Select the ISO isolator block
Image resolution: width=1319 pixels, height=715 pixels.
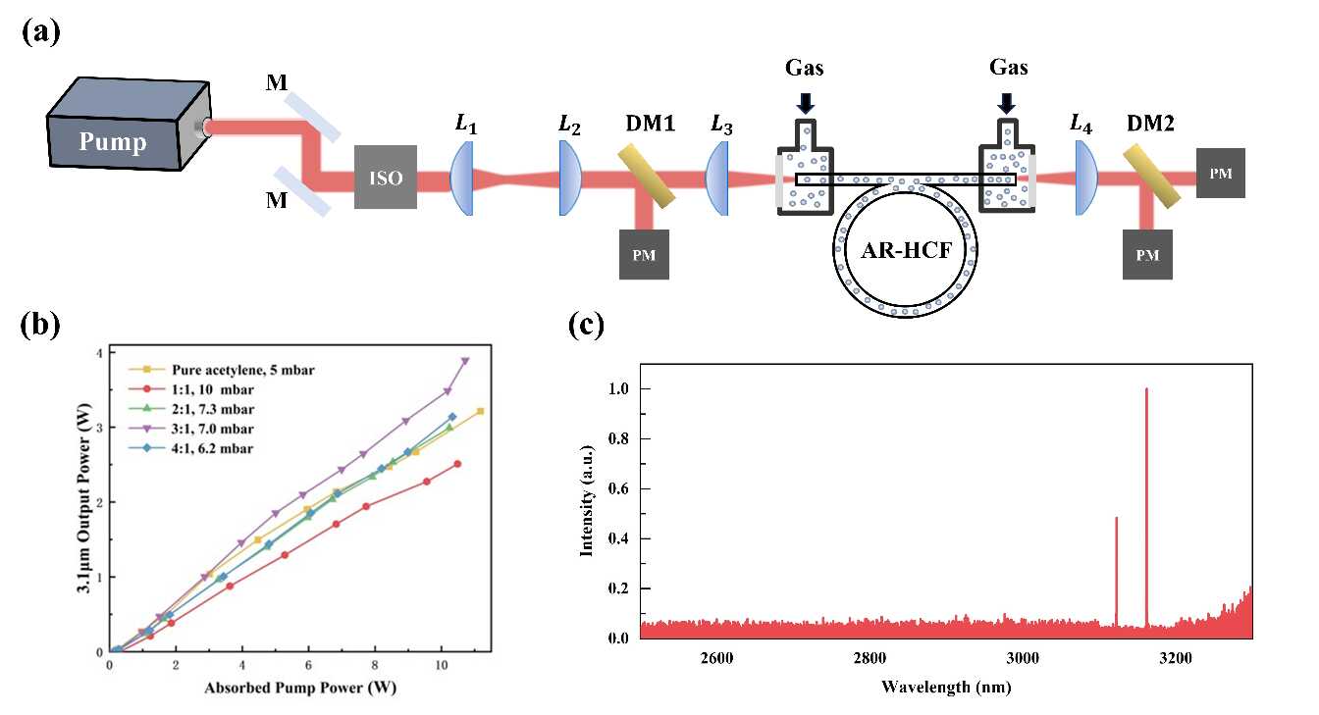coord(386,179)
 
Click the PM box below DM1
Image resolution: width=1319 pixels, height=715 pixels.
coord(644,255)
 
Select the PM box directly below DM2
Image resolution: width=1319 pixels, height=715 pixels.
coord(1147,255)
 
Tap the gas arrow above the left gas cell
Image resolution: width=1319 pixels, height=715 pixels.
coord(804,102)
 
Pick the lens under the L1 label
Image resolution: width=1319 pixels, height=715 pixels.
coord(463,178)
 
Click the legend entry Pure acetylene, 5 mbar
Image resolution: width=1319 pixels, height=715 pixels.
coord(195,370)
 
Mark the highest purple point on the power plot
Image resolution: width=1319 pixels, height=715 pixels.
coord(465,361)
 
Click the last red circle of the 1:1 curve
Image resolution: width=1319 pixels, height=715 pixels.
coord(457,464)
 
